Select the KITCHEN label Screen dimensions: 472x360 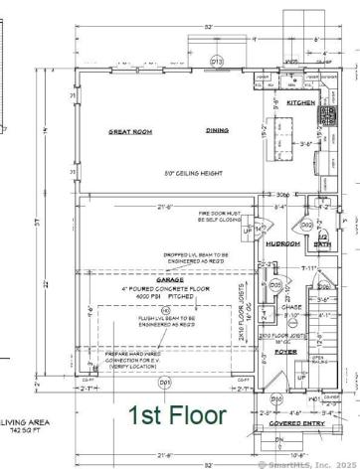pos(301,102)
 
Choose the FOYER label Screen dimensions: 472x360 pos(286,351)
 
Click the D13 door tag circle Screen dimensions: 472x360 pos(218,62)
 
